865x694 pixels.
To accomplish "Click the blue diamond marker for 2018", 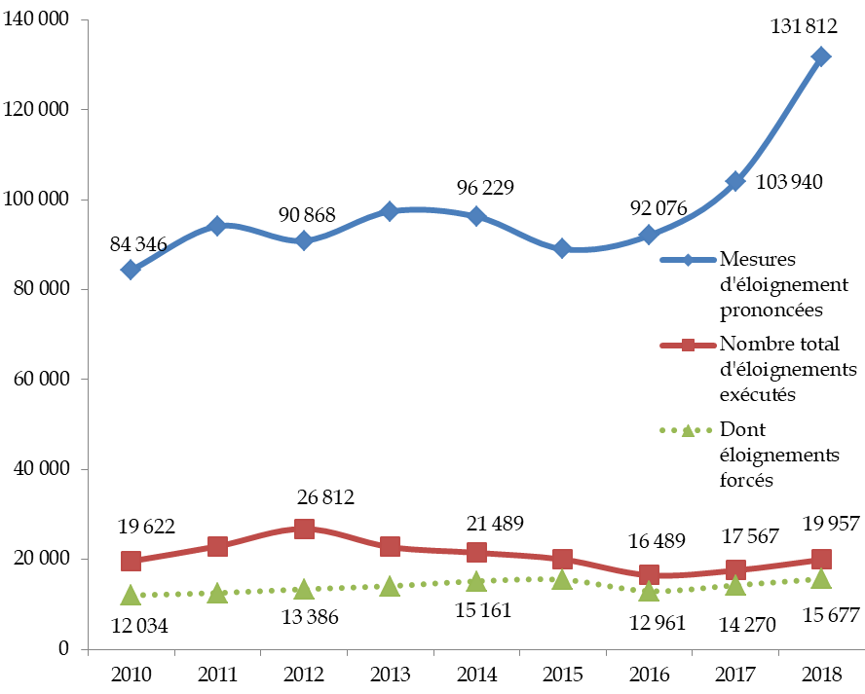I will [x=821, y=56].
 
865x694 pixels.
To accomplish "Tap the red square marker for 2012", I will [x=304, y=529].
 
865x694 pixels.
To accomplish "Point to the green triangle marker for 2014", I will [x=476, y=581].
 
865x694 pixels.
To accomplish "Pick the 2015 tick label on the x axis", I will [x=562, y=673].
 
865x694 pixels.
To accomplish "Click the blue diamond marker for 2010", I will [x=131, y=270].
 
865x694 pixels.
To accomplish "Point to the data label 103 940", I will [x=790, y=181].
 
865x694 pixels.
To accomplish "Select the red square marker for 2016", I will [x=649, y=574].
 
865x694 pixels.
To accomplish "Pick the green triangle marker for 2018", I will [x=821, y=579].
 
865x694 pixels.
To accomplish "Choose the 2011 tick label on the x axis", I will [x=216, y=673].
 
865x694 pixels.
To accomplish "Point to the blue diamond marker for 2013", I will [x=390, y=211].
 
